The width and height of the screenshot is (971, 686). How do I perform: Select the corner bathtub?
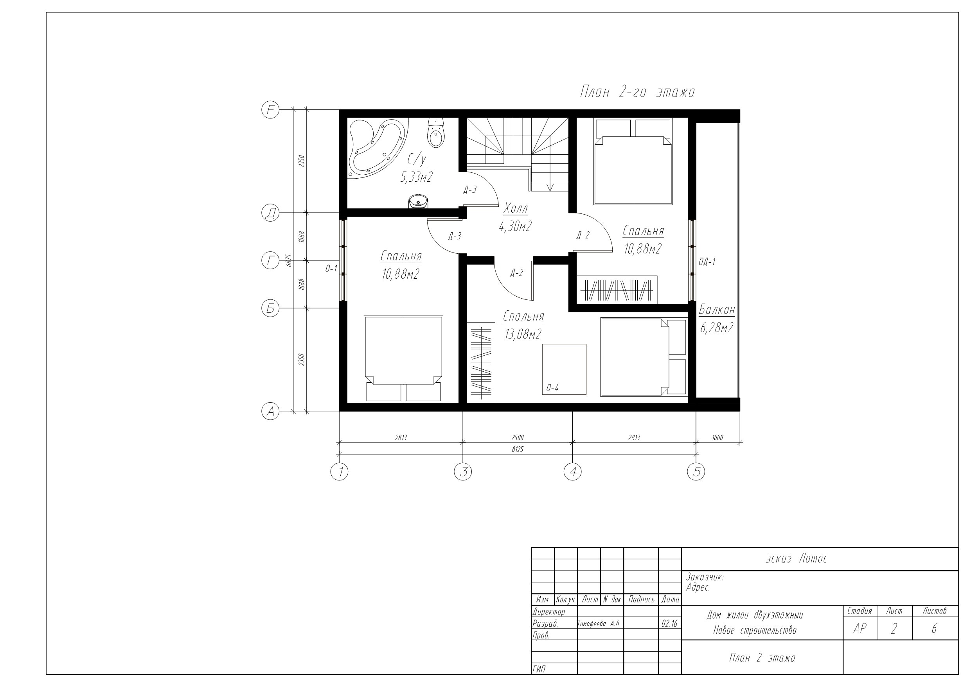pos(374,148)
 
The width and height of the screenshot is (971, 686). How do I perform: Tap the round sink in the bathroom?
pos(418,202)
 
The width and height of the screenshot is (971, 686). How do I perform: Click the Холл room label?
pos(516,208)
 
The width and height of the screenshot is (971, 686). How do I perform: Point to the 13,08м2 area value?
pos(523,334)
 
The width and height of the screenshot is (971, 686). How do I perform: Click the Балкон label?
pos(717,310)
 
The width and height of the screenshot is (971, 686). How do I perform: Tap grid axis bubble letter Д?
pos(271,213)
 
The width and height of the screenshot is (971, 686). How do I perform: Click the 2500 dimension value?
pos(517,437)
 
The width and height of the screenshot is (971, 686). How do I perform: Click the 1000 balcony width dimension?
pos(717,437)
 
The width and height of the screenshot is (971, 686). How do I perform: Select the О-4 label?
pos(552,388)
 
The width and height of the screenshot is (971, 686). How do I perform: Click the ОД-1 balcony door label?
pos(707,262)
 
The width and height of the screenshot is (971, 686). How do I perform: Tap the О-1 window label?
pos(331,269)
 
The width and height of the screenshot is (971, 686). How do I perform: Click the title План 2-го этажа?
pos(637,92)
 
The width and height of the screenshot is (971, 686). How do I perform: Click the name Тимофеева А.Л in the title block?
pos(599,624)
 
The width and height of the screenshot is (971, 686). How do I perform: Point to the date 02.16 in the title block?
pos(669,624)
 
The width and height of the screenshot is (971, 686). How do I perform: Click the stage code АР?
pos(860,629)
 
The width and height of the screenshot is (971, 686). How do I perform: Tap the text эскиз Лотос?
pos(797,559)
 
